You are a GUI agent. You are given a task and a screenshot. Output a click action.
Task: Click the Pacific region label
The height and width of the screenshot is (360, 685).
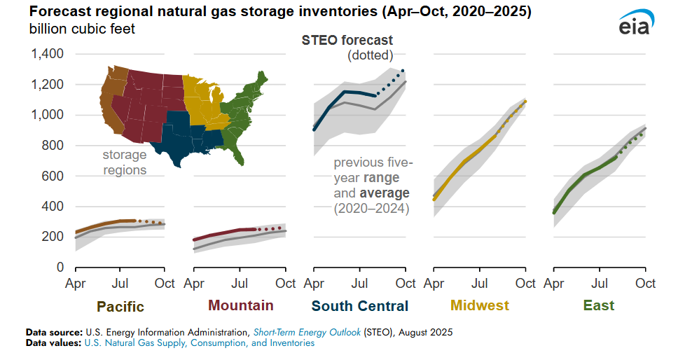[x=120, y=306]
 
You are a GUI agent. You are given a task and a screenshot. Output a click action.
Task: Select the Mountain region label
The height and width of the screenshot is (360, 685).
[x=240, y=305]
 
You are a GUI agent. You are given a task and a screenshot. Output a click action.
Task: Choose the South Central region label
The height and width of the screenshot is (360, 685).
[x=360, y=305]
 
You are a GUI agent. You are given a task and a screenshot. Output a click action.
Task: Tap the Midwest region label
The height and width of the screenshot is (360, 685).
[x=480, y=305]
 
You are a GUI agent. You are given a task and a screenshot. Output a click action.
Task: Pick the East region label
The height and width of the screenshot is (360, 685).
[x=599, y=305]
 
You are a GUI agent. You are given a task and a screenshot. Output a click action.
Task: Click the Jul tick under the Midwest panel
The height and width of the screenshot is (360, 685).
[x=480, y=284]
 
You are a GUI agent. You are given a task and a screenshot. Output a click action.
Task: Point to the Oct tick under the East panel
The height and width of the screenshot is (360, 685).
[x=645, y=284]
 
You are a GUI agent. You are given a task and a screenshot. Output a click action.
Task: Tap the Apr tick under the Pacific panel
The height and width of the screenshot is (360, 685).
[x=76, y=284]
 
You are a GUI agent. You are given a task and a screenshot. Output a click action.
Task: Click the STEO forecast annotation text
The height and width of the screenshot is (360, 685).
[x=347, y=41]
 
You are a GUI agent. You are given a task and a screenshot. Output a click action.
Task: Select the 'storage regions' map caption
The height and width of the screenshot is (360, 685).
[x=125, y=162]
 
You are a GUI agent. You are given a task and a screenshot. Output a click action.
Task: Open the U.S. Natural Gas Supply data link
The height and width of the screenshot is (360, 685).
[x=200, y=343]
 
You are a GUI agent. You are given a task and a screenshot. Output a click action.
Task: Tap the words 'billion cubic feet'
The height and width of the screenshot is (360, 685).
[x=83, y=29]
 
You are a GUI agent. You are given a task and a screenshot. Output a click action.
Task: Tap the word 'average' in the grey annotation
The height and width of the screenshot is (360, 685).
[x=385, y=193]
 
